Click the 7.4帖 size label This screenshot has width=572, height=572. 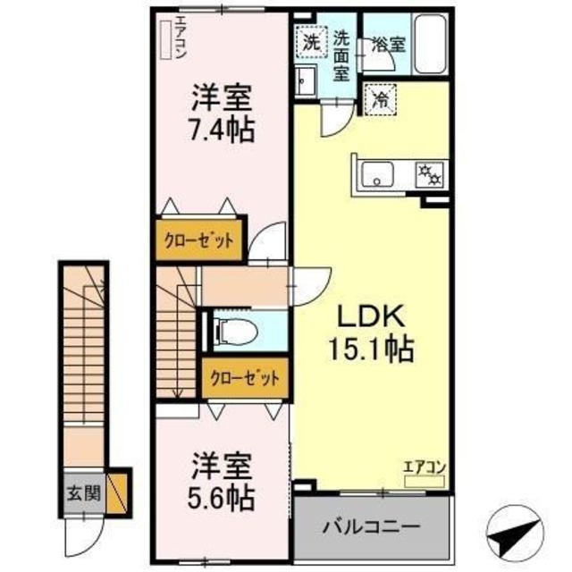point(222,129)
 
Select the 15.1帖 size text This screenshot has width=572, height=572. point(374,349)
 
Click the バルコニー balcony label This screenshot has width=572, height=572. point(372,523)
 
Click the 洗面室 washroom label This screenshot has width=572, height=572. point(341,55)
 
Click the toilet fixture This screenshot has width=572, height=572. point(239,332)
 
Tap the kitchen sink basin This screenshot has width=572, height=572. point(380,174)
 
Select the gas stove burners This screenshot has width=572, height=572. point(427,173)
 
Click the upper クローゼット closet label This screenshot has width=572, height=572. point(198,240)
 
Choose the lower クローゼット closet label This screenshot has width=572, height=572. point(245,376)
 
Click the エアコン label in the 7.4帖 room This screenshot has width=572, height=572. point(180,38)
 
